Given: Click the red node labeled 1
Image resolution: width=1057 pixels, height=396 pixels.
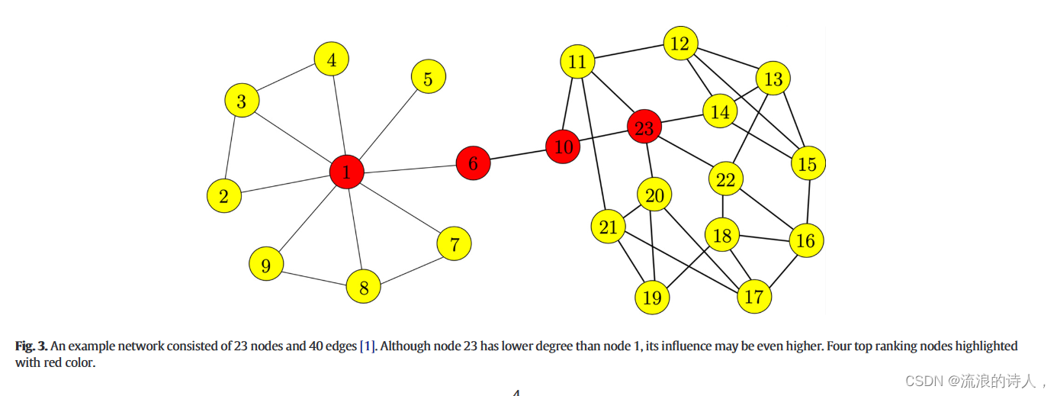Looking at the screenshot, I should [x=346, y=172].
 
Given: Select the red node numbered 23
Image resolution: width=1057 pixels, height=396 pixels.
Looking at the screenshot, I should [x=644, y=128].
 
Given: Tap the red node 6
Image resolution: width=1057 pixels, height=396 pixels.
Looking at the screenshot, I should [x=473, y=163].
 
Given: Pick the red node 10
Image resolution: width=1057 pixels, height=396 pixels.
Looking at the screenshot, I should [x=564, y=147].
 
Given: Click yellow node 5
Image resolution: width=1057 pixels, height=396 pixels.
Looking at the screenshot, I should [x=428, y=78].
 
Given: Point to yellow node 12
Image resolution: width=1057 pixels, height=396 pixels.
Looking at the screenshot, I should [x=679, y=44].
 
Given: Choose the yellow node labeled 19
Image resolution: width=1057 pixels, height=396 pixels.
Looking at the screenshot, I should [x=652, y=297].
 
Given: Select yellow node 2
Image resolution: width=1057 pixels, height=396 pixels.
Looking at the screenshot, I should [x=223, y=196].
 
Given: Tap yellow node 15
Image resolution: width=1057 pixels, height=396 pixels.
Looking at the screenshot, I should [x=808, y=163].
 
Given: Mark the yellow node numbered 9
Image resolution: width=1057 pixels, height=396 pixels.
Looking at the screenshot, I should [x=266, y=265].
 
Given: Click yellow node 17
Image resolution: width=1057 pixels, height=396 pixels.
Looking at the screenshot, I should [x=753, y=296].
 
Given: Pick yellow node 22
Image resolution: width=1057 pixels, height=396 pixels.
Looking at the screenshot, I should [x=725, y=180].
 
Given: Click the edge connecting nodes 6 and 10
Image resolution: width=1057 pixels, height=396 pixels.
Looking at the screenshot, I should [x=518, y=156].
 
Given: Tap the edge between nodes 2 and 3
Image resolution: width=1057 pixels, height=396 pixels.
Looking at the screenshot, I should [x=233, y=148].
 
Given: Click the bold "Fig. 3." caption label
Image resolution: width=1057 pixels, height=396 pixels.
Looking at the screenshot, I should [x=31, y=346].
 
